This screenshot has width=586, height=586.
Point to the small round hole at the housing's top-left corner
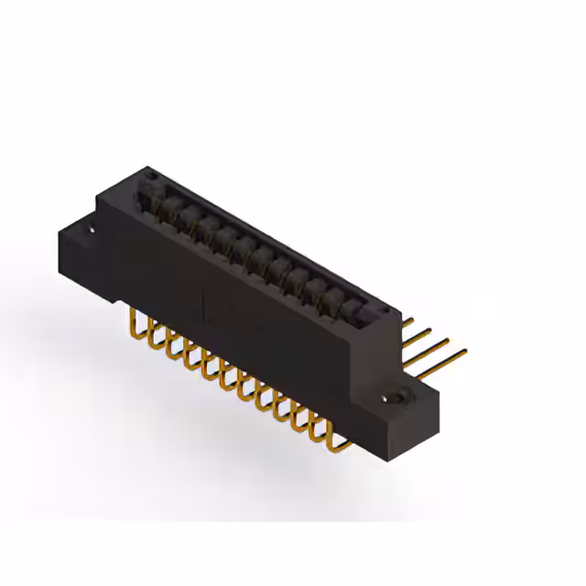(150, 174)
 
